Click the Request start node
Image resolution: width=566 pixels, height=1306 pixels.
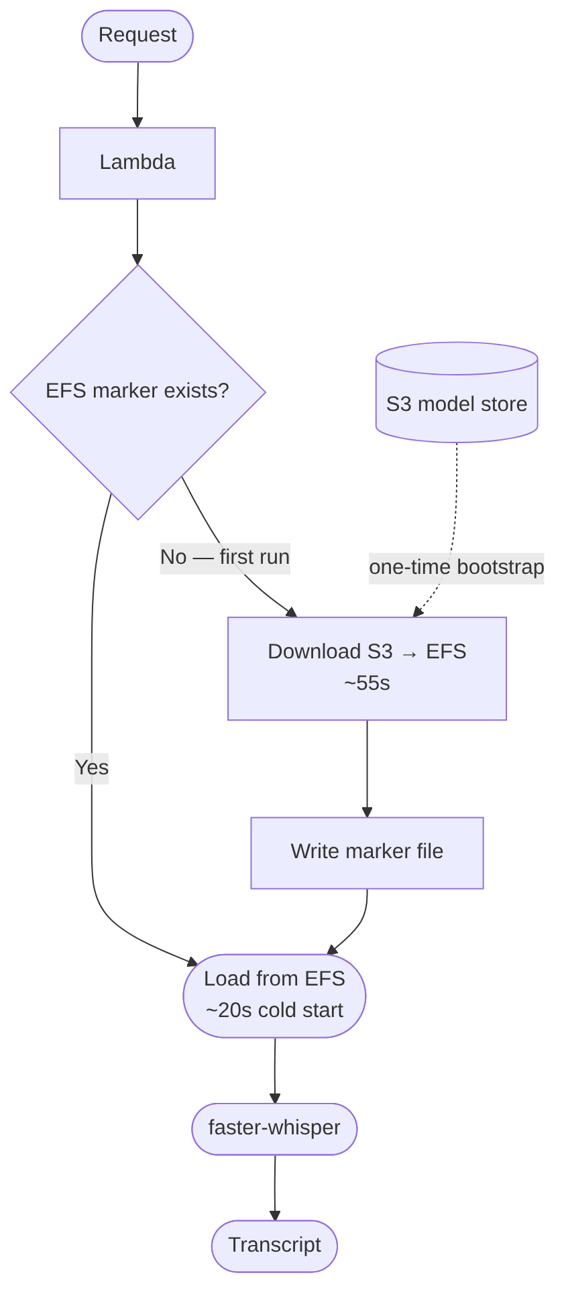point(137,36)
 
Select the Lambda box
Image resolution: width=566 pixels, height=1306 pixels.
point(137,163)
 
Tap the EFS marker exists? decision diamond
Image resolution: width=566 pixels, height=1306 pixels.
point(137,392)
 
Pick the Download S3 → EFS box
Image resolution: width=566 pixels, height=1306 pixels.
point(367,668)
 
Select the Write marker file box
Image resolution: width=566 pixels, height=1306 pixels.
point(367,852)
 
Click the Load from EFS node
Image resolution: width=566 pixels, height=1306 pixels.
point(274,996)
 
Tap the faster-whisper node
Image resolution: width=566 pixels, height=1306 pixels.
point(274,1128)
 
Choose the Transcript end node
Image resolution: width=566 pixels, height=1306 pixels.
point(274,1245)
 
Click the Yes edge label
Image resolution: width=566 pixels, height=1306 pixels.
point(92,768)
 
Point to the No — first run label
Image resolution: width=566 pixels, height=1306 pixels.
point(225,558)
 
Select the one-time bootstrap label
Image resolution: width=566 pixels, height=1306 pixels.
point(456,568)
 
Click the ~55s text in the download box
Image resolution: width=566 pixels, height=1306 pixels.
point(367,683)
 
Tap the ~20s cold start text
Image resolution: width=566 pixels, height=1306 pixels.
point(274,1010)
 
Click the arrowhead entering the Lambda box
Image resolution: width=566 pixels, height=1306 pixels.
point(137,123)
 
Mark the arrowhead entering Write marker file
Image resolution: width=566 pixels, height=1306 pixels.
point(367,812)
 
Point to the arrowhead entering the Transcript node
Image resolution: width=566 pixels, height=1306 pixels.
point(275,1215)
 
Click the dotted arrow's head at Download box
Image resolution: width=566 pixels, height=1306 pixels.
point(417,611)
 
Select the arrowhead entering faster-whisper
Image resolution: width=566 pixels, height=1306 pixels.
point(275,1098)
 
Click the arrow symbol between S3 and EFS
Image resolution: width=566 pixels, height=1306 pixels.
point(409,653)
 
